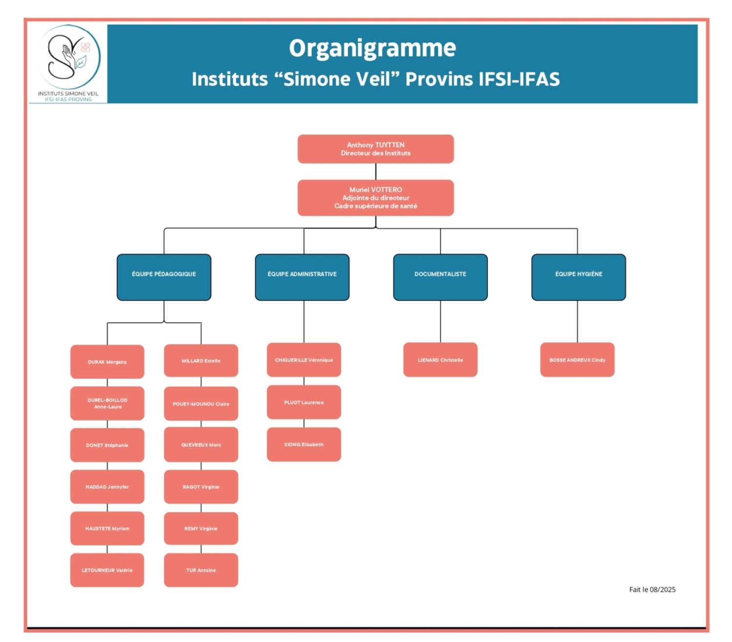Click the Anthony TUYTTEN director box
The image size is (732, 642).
[375, 149]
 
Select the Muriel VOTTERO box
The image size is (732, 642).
[375, 198]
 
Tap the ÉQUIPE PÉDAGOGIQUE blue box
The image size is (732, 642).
[164, 277]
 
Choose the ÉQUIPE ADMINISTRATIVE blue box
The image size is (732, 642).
[302, 277]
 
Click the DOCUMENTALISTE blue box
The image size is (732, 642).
[440, 277]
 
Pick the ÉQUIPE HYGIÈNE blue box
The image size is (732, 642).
[578, 277]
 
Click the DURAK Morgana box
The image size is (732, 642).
[107, 362]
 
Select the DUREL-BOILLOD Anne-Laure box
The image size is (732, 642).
[107, 403]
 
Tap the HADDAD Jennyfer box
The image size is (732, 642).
[107, 487]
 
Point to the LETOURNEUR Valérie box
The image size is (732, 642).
[107, 570]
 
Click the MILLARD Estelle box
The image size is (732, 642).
[201, 361]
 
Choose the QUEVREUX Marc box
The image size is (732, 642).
[201, 445]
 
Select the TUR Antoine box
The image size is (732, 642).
[201, 570]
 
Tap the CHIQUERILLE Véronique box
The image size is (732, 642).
[304, 360]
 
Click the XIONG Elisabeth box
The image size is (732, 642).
[304, 444]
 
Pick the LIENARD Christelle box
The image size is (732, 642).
[440, 360]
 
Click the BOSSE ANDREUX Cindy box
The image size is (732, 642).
[577, 360]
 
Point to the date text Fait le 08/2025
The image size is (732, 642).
[652, 590]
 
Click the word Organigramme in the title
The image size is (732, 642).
[372, 48]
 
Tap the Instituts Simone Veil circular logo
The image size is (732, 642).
[69, 58]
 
